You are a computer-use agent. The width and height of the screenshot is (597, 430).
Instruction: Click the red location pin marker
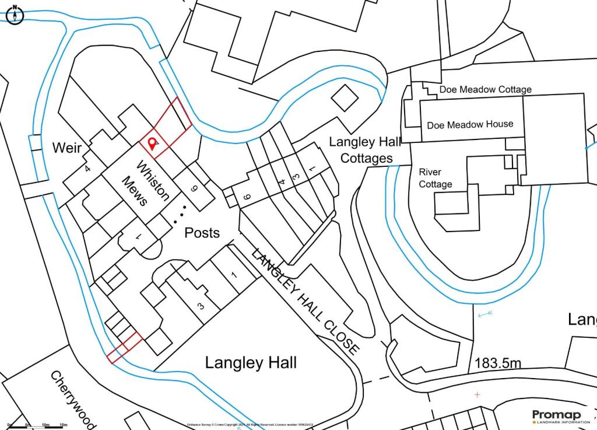click(153, 143)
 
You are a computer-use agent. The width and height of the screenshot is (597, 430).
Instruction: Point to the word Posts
click(202, 233)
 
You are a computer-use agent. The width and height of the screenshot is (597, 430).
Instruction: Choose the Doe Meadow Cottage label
click(485, 89)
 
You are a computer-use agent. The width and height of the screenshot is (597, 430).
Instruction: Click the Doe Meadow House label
click(470, 124)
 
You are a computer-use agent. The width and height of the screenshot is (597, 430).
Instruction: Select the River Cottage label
click(436, 178)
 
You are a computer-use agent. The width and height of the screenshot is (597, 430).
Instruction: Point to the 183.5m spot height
click(497, 362)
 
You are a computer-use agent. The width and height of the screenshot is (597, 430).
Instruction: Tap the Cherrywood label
click(72, 398)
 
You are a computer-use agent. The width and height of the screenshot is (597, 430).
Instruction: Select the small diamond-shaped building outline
click(344, 96)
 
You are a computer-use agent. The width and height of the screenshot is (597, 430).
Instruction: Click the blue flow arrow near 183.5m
click(485, 314)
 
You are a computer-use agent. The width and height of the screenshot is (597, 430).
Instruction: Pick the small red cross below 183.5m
click(477, 395)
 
